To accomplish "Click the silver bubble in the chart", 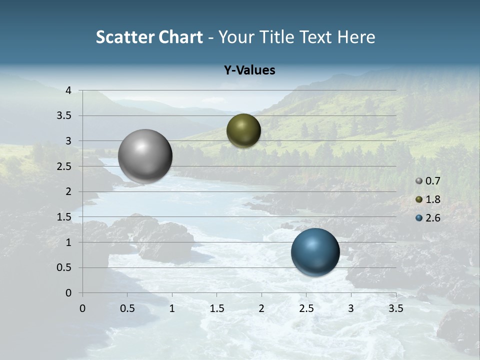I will [x=145, y=155].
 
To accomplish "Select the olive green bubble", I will [x=243, y=130].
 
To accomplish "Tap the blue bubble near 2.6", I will [x=315, y=251].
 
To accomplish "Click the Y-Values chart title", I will [x=249, y=70].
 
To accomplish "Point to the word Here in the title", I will [x=356, y=37].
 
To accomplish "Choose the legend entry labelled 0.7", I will [x=428, y=181].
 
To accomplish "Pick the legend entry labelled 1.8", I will [x=428, y=199].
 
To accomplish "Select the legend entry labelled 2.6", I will [x=428, y=218].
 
